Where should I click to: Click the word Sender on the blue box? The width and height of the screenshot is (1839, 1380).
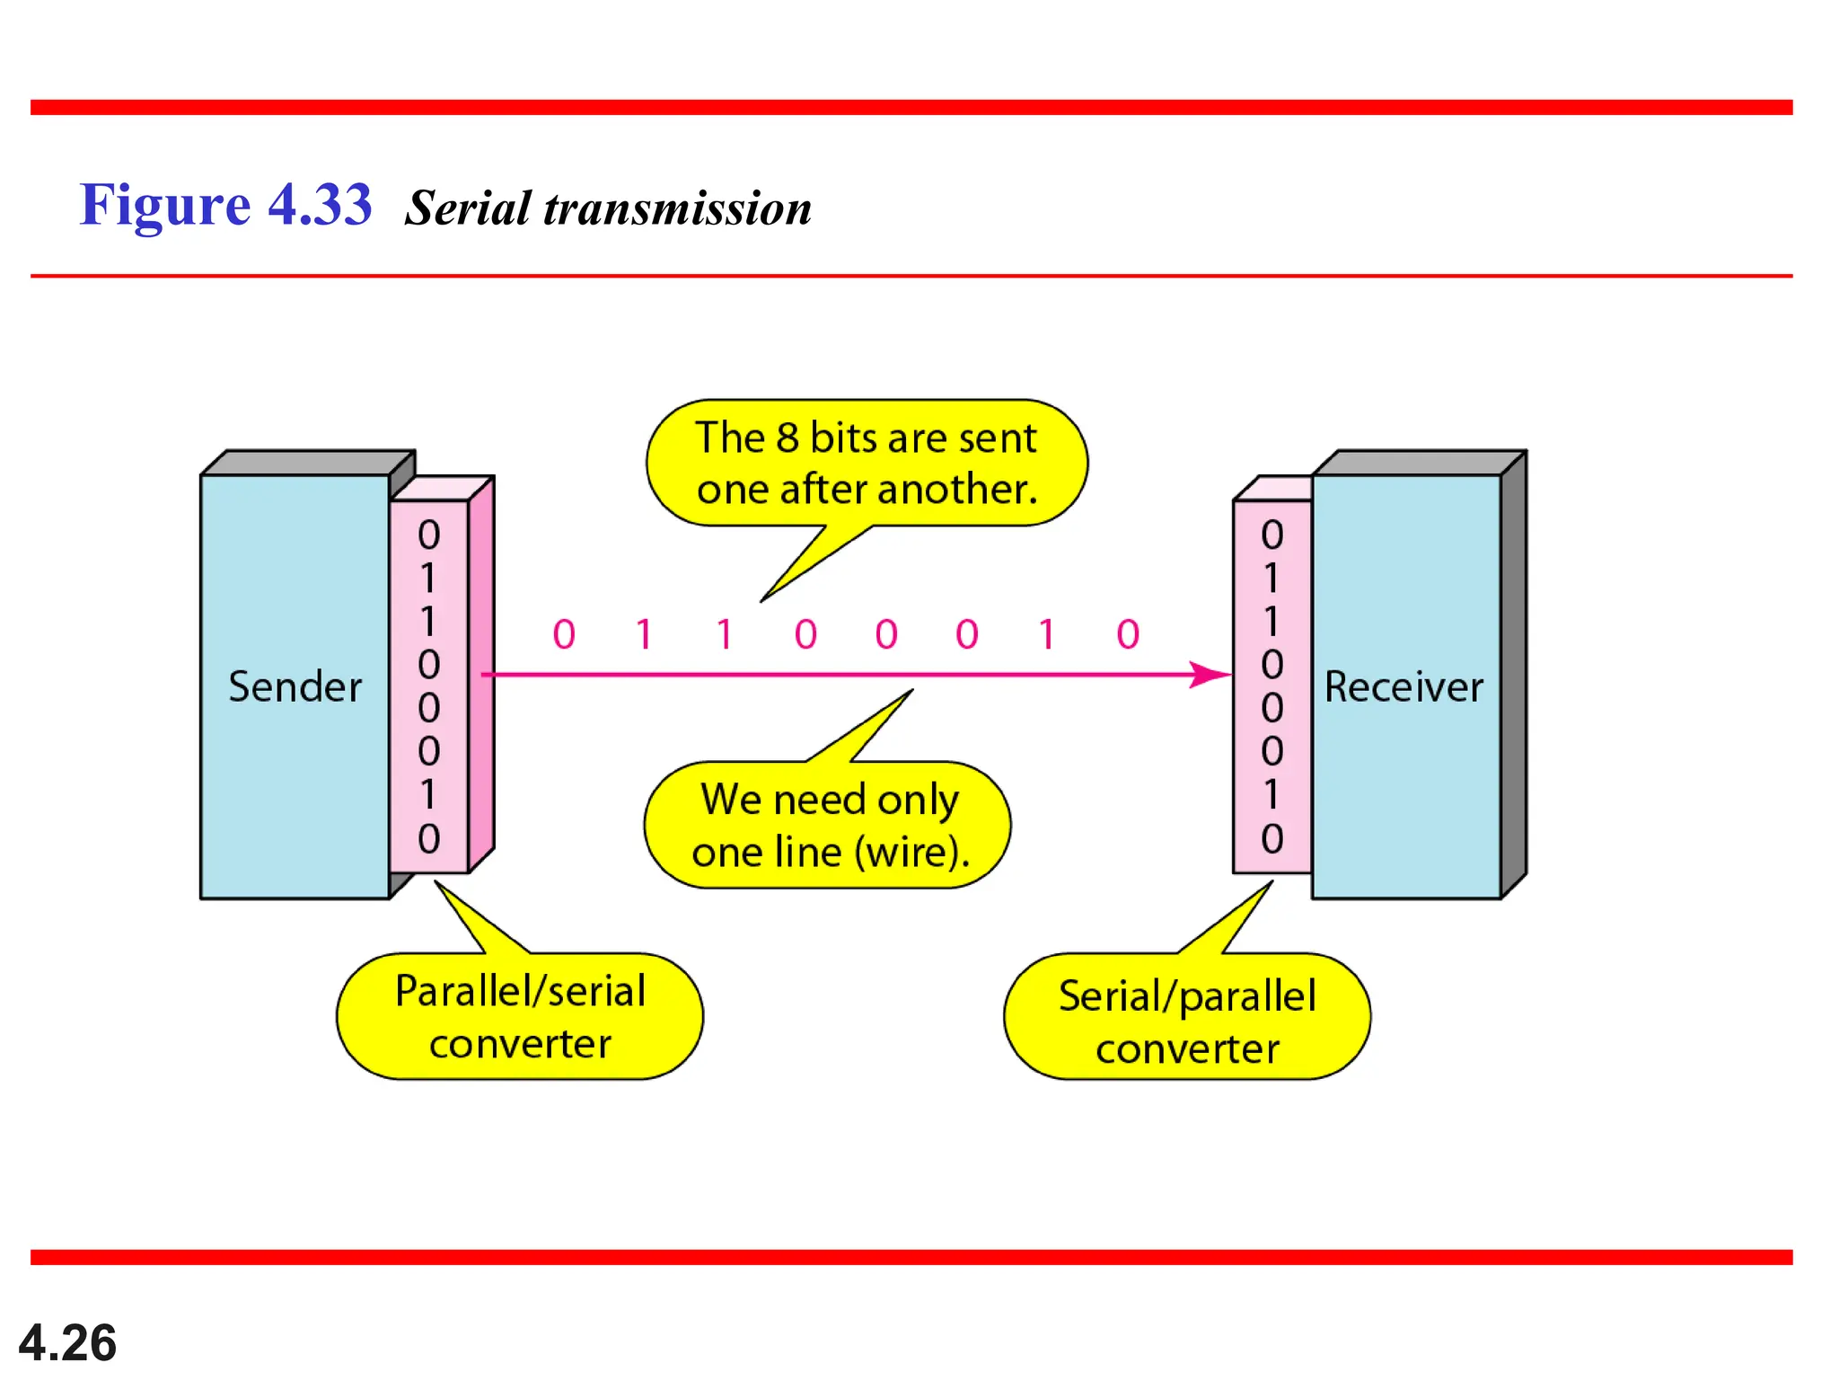coord(295,687)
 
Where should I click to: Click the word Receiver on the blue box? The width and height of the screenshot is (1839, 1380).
coord(1403,687)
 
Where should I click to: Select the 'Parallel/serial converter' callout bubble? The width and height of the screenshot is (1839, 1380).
coord(520,1016)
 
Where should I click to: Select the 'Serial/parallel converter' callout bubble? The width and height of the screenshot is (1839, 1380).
coord(1187,1020)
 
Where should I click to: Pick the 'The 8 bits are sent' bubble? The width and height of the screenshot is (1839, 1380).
coord(867,463)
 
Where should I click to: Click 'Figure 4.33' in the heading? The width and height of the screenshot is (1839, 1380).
coord(225,205)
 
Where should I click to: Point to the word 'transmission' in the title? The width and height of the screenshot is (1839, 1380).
coord(677,208)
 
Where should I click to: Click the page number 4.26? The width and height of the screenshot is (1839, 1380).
coord(67,1342)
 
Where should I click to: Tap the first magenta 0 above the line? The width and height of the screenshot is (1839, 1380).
coord(564,634)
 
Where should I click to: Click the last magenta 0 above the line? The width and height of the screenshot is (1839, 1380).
coord(1128,634)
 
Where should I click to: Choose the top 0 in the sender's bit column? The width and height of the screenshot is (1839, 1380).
coord(429,535)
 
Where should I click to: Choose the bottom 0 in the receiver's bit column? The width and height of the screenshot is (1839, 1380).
coord(1271,838)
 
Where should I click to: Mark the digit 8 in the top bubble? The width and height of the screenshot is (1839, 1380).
coord(787,438)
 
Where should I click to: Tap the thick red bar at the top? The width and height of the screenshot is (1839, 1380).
coord(911,108)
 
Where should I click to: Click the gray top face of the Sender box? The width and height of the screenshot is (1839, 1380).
coord(305,463)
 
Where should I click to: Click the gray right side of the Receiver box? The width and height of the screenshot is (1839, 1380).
coord(1513,674)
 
